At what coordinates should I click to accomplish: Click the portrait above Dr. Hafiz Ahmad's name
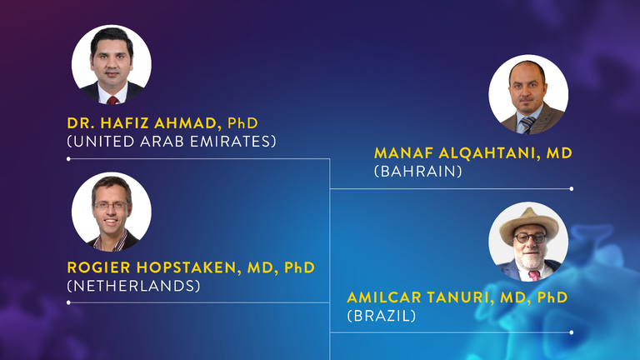coord(112,64)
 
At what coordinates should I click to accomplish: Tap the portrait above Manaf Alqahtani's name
coord(528,94)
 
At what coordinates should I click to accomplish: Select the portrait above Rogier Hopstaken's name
coord(112,212)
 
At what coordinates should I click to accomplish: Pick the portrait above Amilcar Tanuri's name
coord(528,242)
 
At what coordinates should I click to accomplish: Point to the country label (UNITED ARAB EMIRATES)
coord(172,141)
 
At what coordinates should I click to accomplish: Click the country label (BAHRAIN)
coord(418,171)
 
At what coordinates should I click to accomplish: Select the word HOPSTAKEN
coord(187,267)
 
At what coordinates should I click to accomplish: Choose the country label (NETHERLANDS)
coord(133,286)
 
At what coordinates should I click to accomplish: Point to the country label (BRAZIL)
coord(381,316)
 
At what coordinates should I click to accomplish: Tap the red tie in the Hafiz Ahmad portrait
coord(112,100)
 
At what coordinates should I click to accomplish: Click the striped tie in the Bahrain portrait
coord(527,124)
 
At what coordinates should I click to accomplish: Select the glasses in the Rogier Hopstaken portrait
coord(111,206)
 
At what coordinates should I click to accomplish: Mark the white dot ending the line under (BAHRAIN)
coord(572,188)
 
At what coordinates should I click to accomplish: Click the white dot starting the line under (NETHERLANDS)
coord(68,302)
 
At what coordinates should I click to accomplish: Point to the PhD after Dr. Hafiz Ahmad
coord(242,122)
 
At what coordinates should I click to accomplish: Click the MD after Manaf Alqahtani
coord(559,153)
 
